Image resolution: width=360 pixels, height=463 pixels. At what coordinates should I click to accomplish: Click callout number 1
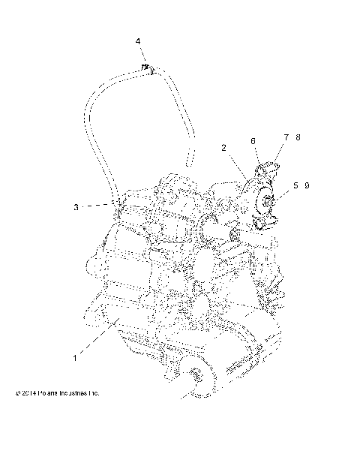[75, 359]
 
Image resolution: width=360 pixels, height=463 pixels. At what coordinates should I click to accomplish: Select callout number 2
[223, 148]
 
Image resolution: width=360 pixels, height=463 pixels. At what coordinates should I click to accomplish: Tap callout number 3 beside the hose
[76, 206]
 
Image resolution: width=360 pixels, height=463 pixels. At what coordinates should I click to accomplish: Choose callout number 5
[295, 185]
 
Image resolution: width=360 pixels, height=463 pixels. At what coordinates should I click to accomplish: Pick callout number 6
[253, 140]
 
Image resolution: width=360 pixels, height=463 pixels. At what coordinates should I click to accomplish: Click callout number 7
[286, 137]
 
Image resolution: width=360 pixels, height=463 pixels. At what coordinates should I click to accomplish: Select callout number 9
[307, 185]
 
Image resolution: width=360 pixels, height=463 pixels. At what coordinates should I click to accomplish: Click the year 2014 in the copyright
[31, 392]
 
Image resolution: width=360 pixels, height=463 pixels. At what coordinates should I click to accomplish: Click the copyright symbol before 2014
[17, 392]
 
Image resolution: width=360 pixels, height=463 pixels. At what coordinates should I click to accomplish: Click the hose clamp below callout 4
[147, 69]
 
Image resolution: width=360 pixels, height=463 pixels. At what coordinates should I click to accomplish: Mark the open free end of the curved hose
[189, 159]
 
